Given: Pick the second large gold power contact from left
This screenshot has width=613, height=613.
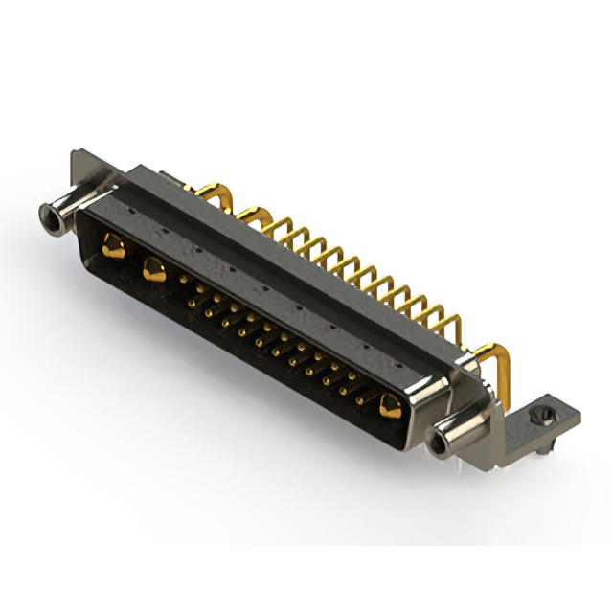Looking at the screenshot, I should coord(151,271).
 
